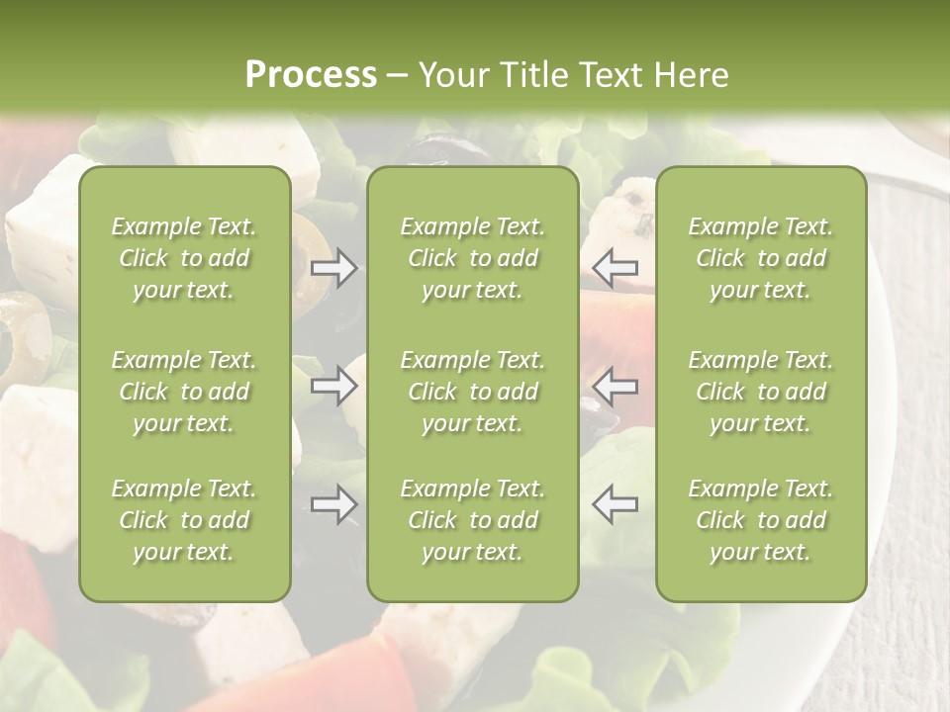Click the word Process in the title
click(x=311, y=75)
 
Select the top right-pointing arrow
click(x=334, y=267)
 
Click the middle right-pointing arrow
click(x=334, y=386)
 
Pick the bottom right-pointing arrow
click(x=334, y=504)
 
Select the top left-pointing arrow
click(x=616, y=267)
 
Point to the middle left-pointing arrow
click(x=616, y=386)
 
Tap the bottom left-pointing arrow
click(x=616, y=504)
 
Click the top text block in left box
click(x=184, y=258)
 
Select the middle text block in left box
click(x=184, y=392)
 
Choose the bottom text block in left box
click(x=184, y=520)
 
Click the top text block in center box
click(x=473, y=258)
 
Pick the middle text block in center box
click(x=473, y=392)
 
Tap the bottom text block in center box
click(x=473, y=520)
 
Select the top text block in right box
click(x=761, y=258)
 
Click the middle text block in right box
click(x=761, y=392)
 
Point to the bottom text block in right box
click(x=761, y=520)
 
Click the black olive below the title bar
click(x=450, y=148)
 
